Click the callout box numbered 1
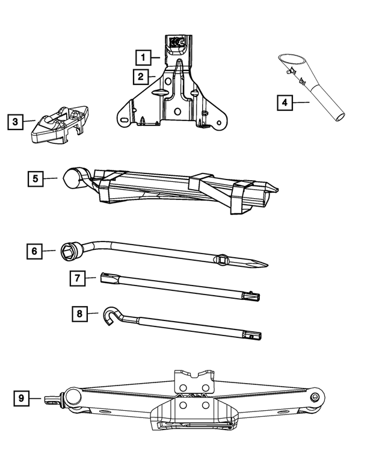(x=143, y=57)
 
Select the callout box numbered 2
(x=140, y=76)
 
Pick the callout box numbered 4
(x=285, y=103)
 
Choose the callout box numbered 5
(x=35, y=178)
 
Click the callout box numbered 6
(x=35, y=251)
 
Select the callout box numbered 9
(x=22, y=398)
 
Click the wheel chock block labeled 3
(x=60, y=124)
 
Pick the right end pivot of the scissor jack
(x=315, y=397)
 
